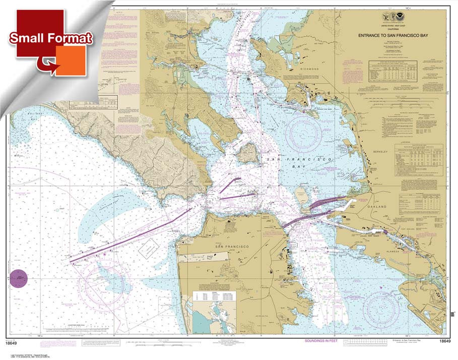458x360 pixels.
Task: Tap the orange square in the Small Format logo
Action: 71,61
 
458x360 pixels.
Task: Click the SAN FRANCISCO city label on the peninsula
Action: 232,246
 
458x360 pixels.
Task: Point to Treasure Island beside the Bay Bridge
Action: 301,194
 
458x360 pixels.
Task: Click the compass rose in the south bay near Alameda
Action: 382,306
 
